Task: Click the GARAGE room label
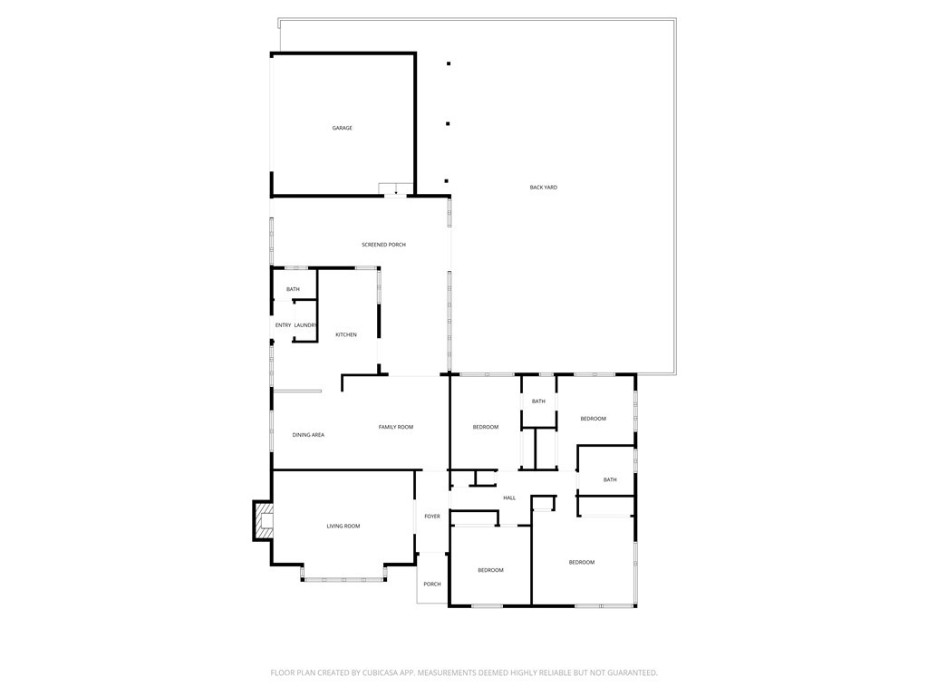[x=342, y=128]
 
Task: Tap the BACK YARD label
[x=544, y=188]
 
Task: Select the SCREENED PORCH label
[x=383, y=245]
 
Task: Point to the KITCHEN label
[x=346, y=334]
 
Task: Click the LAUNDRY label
[x=304, y=325]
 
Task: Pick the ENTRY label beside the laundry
[x=284, y=325]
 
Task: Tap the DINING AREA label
[x=308, y=435]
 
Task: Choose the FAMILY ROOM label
[x=396, y=427]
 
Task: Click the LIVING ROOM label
[x=343, y=526]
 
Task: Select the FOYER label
[x=432, y=517]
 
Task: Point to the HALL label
[x=509, y=498]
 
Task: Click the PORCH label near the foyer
[x=432, y=584]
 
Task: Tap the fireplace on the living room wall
[x=263, y=521]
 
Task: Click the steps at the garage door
[x=396, y=188]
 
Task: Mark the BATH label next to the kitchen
[x=293, y=289]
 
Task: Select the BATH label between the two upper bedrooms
[x=538, y=401]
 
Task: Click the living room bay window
[x=343, y=576]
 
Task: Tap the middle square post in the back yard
[x=448, y=123]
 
